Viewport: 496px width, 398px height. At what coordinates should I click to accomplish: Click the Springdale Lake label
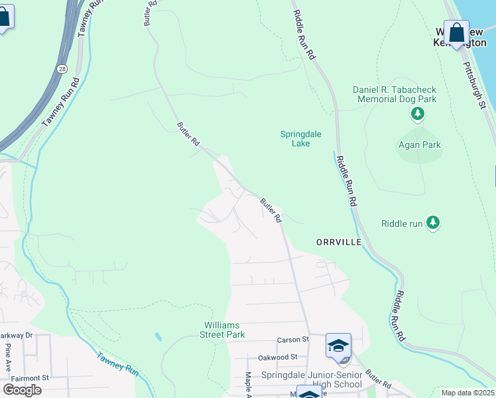[x=300, y=138]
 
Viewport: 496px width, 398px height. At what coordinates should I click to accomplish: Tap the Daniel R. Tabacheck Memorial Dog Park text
[x=394, y=94]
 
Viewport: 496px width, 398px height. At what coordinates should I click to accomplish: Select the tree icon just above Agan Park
[x=418, y=115]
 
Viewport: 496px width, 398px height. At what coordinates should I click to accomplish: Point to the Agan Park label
[x=419, y=145]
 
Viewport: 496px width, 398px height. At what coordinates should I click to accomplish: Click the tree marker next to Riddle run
[x=433, y=223]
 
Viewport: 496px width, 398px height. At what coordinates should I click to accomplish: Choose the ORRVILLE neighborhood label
[x=339, y=242]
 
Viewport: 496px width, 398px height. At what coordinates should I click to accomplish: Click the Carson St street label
[x=293, y=340]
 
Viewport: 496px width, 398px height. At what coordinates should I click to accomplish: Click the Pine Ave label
[x=7, y=357]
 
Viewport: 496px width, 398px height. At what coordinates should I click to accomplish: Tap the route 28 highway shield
[x=61, y=68]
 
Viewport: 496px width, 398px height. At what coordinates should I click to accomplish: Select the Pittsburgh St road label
[x=475, y=86]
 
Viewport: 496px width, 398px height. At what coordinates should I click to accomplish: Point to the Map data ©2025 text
[x=467, y=393]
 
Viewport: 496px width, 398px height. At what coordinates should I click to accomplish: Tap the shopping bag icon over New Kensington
[x=456, y=32]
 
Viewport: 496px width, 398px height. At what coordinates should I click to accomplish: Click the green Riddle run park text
[x=402, y=224]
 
